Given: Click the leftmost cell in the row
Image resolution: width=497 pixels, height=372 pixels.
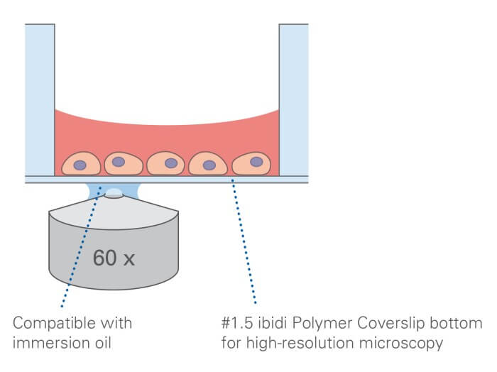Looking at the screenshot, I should pyautogui.click(x=81, y=164).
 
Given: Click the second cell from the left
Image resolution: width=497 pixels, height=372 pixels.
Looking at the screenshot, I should pyautogui.click(x=124, y=163).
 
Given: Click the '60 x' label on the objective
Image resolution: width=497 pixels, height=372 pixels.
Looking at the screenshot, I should pyautogui.click(x=114, y=258).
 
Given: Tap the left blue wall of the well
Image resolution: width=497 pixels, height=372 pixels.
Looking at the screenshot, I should pyautogui.click(x=40, y=99).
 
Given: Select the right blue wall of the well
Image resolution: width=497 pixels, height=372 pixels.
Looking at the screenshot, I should pyautogui.click(x=293, y=99).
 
